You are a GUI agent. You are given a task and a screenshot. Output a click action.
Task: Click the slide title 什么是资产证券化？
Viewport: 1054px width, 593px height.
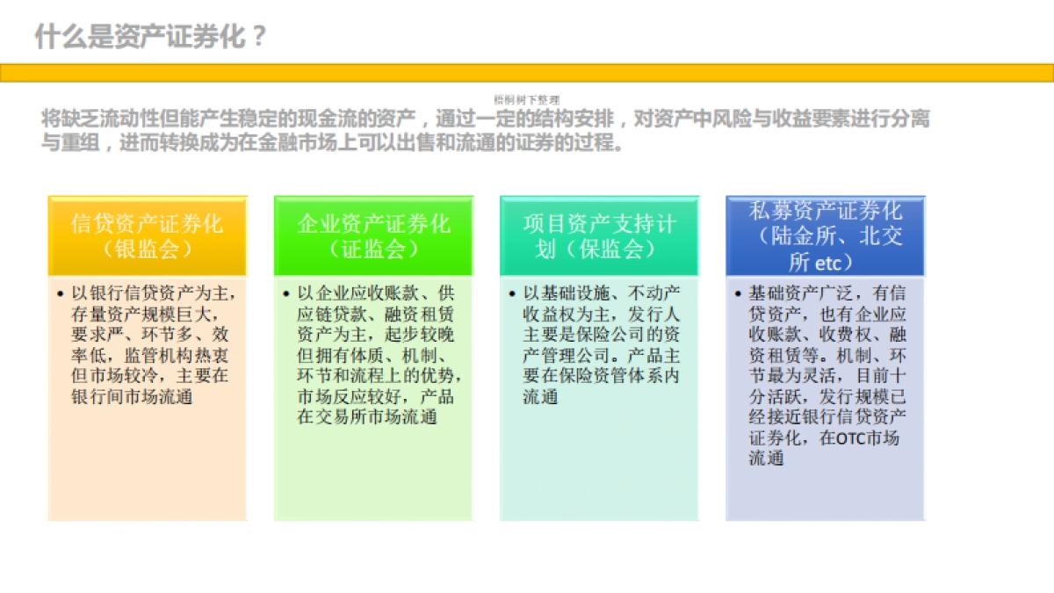tap(149, 37)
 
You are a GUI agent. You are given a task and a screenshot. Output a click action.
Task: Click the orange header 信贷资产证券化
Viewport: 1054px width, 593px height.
tap(147, 223)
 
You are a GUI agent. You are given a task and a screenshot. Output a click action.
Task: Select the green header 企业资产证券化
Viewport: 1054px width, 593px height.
tap(373, 223)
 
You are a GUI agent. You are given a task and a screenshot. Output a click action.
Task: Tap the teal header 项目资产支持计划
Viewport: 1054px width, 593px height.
tap(599, 223)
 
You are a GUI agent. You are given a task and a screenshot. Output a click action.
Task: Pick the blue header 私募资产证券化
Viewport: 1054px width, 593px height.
tap(825, 211)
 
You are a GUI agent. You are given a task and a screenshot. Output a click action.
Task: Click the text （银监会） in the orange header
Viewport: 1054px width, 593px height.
tap(147, 249)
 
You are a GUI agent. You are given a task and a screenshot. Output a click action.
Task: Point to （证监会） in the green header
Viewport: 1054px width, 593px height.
tap(373, 249)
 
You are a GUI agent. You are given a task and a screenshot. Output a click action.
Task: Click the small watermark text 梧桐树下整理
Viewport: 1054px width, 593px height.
tap(526, 100)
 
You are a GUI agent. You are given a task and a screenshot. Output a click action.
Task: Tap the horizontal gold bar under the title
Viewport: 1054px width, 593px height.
tap(527, 72)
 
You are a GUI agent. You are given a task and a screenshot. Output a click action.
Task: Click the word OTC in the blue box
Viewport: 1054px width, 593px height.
tap(849, 438)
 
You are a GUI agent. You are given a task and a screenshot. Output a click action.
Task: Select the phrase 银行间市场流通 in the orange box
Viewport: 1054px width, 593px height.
tap(132, 396)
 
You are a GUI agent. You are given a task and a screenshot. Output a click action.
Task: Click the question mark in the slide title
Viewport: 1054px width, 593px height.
tap(257, 37)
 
